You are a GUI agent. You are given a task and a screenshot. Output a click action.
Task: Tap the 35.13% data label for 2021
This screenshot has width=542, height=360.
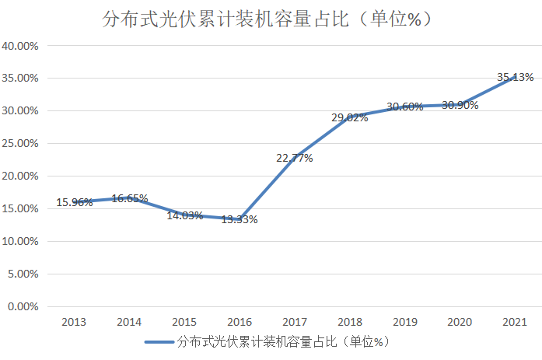(x=515, y=77)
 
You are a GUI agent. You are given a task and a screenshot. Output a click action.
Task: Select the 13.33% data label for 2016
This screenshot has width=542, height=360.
(x=239, y=219)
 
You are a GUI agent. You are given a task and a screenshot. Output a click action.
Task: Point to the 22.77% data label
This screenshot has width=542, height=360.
(x=294, y=158)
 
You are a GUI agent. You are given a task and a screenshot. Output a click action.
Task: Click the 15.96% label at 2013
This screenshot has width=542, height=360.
(x=74, y=202)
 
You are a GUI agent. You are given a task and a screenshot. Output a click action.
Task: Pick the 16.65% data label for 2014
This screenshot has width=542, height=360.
(x=129, y=198)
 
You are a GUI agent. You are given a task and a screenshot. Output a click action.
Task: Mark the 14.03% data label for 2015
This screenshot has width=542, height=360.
(x=184, y=215)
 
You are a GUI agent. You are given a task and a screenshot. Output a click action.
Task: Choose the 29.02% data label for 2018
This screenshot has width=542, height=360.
(x=349, y=117)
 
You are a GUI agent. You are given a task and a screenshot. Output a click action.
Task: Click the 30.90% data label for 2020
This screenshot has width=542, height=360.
(x=460, y=105)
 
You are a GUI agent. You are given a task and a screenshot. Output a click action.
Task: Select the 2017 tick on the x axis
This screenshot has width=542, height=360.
(x=294, y=322)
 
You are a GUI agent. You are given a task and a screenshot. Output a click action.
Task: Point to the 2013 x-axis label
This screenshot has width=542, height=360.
(x=74, y=322)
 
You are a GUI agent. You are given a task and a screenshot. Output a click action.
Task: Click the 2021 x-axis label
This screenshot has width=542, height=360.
(x=515, y=322)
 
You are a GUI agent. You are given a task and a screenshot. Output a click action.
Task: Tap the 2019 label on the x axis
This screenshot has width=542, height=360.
(x=404, y=322)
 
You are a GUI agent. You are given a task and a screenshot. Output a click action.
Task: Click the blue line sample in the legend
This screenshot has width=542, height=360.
(x=159, y=342)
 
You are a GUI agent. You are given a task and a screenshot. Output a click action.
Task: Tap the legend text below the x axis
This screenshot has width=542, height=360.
(x=282, y=342)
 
